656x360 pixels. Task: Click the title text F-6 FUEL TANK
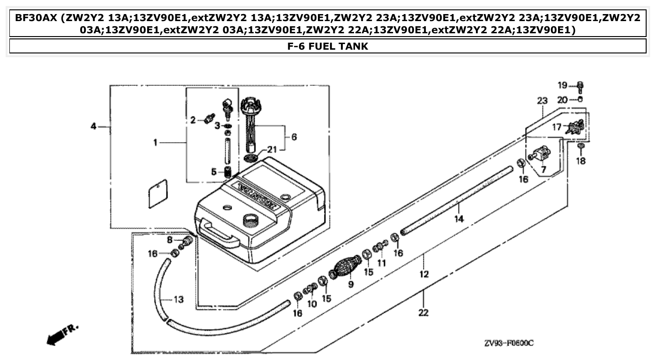pyautogui.click(x=328, y=46)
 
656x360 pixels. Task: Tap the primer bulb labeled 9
pyautogui.click(x=346, y=268)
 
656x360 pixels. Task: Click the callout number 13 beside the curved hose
pyautogui.click(x=178, y=300)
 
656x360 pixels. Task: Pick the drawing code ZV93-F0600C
pyautogui.click(x=509, y=343)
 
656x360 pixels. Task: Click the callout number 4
pyautogui.click(x=93, y=126)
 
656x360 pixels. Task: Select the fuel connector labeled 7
pyautogui.click(x=541, y=154)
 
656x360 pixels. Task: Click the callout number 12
pyautogui.click(x=424, y=274)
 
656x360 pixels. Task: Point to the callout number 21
pyautogui.click(x=272, y=150)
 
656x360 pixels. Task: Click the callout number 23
pyautogui.click(x=542, y=101)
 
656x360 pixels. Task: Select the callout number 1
pyautogui.click(x=155, y=142)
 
